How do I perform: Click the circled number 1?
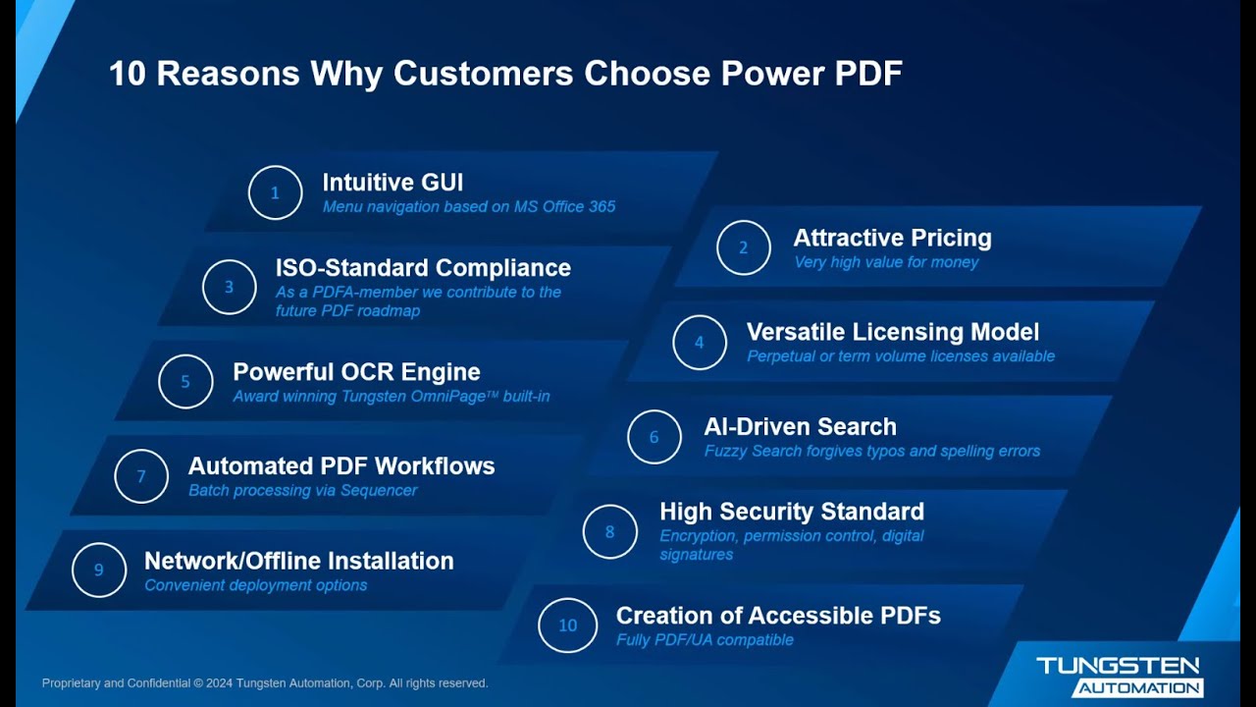[x=275, y=192]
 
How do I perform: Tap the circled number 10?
[x=567, y=625]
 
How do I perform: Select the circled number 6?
[x=654, y=437]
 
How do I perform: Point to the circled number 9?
[x=99, y=571]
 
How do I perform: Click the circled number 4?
[x=700, y=343]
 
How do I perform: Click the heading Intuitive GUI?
[x=392, y=183]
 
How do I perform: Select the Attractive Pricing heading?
[x=892, y=239]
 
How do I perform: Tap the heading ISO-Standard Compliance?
[x=423, y=268]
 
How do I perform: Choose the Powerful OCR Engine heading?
[x=356, y=372]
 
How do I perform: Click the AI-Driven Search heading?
[x=800, y=427]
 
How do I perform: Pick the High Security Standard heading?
[x=791, y=512]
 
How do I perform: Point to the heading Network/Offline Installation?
[x=298, y=561]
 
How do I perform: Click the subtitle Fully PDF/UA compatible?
[x=705, y=640]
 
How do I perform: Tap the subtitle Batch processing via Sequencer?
[x=302, y=490]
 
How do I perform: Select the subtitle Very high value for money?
[x=885, y=262]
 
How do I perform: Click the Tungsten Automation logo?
[x=1118, y=677]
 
